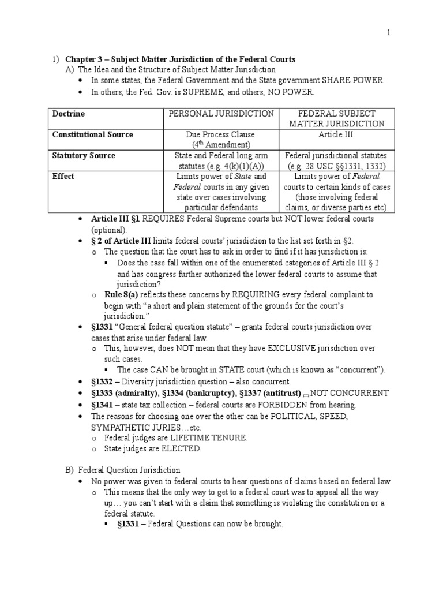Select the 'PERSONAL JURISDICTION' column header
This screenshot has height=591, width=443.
221,114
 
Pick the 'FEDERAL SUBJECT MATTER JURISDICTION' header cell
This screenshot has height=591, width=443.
335,118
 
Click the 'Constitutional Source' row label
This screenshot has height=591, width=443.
93,134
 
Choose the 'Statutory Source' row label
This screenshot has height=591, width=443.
84,155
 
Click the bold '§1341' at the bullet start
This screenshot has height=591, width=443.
103,405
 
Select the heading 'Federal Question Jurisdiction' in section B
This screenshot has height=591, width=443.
129,470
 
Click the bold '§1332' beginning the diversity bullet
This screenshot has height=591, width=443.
103,381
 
